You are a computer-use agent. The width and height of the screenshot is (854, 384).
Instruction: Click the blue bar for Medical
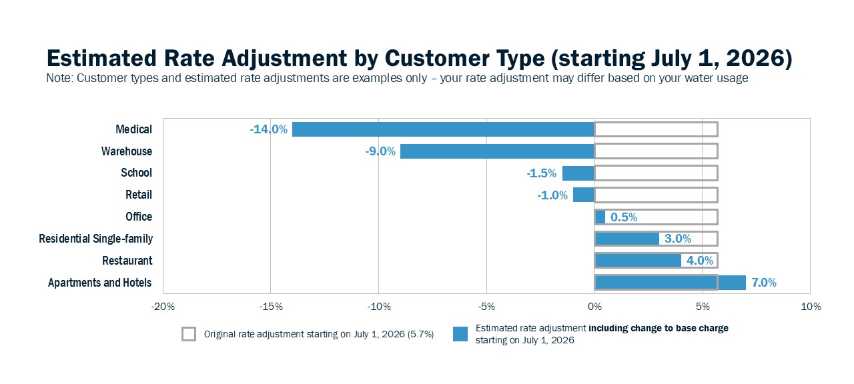[443, 129]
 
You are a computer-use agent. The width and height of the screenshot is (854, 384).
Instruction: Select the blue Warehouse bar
[497, 151]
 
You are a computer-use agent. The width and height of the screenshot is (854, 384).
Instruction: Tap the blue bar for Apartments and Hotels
[670, 283]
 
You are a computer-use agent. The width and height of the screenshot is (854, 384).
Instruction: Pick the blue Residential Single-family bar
[627, 239]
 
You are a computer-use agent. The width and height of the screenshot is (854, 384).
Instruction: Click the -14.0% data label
[268, 129]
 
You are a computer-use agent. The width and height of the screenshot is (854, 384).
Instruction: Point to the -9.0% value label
[380, 151]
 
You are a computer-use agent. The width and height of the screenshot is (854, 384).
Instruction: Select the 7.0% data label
[764, 283]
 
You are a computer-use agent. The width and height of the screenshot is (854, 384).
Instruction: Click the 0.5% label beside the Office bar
[624, 217]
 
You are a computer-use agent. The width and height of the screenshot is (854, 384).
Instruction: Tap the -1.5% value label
[541, 173]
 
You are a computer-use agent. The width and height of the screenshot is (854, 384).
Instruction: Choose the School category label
[136, 173]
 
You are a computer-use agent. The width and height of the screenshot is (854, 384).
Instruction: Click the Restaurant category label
[127, 261]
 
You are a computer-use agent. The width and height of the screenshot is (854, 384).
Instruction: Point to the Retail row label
[139, 195]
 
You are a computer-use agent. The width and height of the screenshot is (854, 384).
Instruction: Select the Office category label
[139, 217]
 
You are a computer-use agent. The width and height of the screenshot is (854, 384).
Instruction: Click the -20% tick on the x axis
[163, 307]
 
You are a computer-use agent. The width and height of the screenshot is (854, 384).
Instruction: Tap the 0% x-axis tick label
[594, 307]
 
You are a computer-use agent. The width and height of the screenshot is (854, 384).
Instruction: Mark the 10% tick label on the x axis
[810, 307]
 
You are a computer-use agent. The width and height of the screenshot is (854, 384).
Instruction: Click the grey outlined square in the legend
[189, 334]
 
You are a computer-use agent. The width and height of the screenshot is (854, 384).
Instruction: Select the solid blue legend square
[460, 334]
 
